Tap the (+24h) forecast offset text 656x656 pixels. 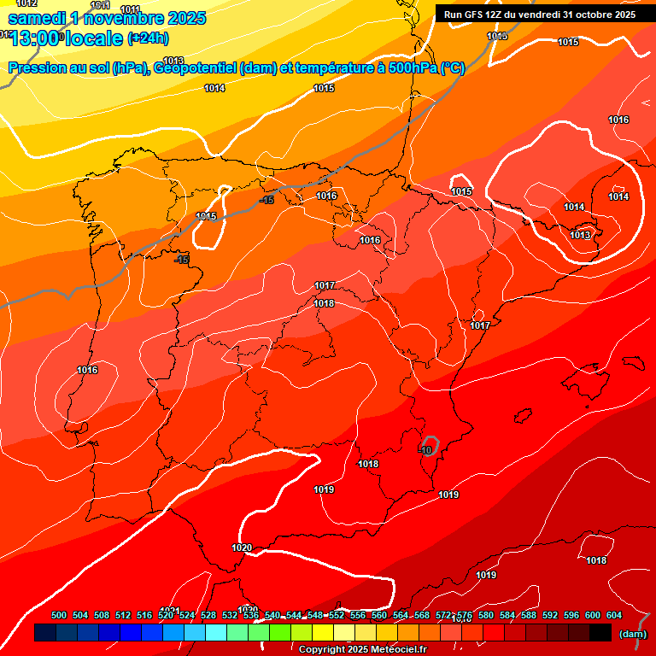(148, 38)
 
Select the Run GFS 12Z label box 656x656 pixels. (539, 15)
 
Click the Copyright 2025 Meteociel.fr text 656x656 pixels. (361, 650)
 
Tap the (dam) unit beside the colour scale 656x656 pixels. (632, 634)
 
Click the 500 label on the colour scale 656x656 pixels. (59, 616)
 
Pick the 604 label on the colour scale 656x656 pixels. (614, 616)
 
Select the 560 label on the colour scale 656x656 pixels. (379, 616)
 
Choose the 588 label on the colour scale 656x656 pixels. (529, 616)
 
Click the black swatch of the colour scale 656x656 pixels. (600, 633)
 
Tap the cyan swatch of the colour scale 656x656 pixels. (216, 633)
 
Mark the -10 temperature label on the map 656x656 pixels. (426, 449)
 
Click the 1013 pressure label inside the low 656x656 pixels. (580, 235)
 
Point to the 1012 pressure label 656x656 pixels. (26, 4)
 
